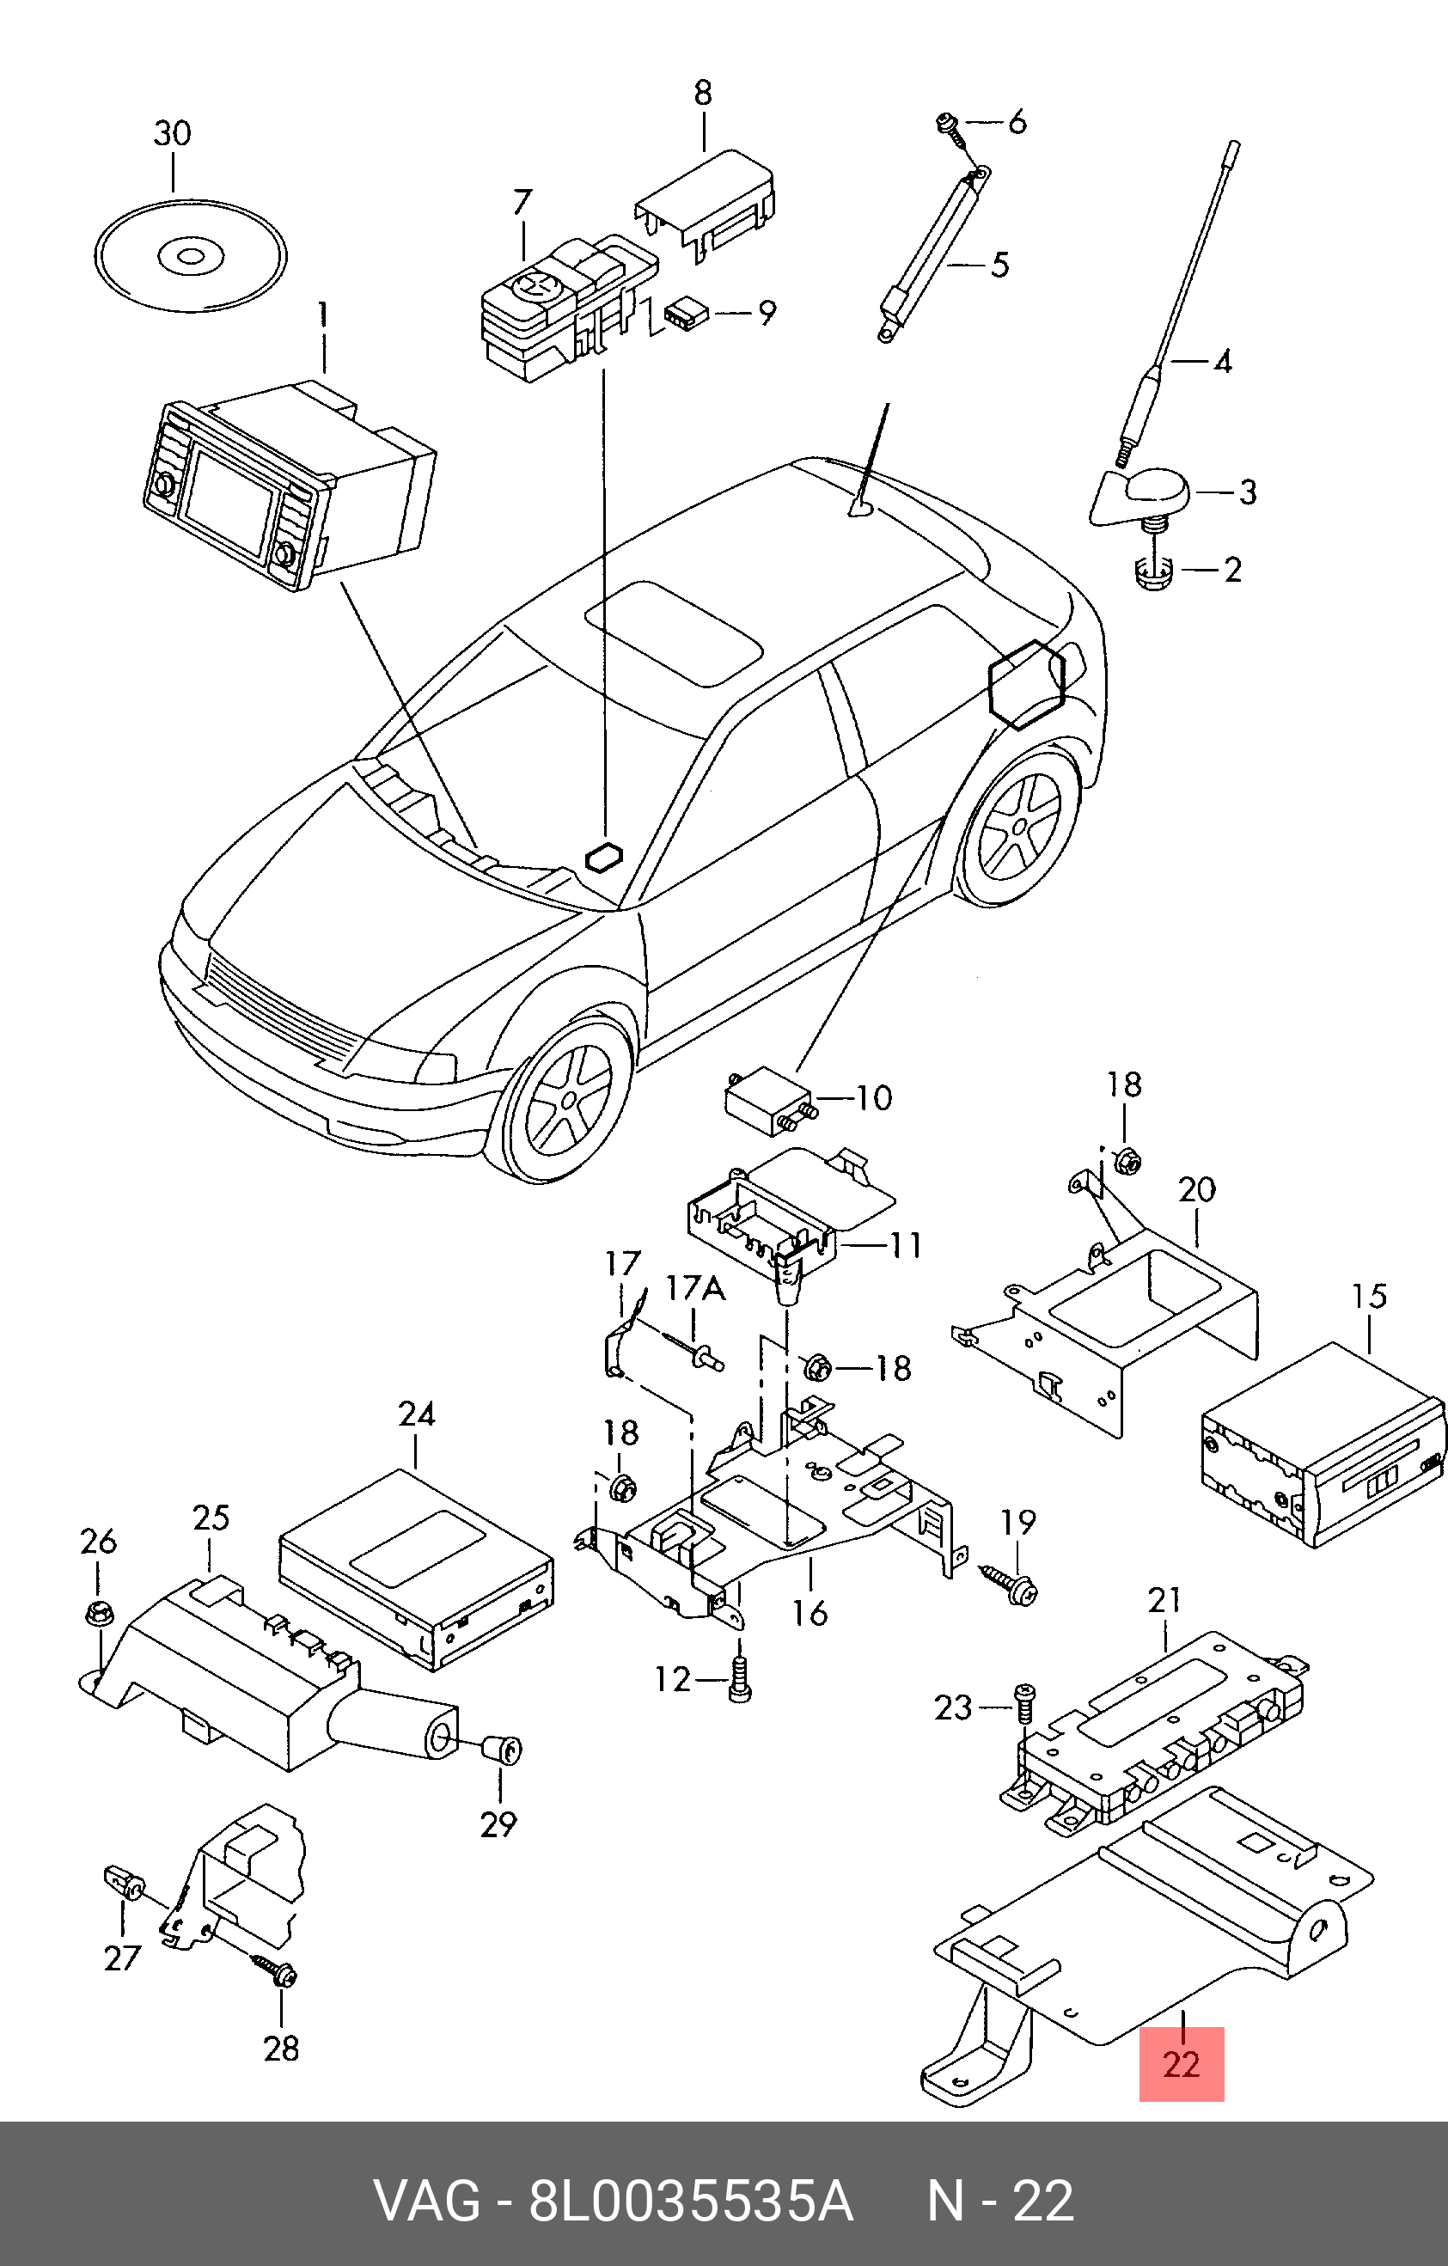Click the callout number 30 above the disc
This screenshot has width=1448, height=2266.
pos(172,134)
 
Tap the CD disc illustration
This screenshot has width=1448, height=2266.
pos(191,255)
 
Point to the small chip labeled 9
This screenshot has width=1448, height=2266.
pos(686,314)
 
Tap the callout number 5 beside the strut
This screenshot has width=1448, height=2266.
pos(999,265)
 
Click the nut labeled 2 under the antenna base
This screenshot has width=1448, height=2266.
pos(1152,571)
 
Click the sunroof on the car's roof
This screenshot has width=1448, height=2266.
pos(673,632)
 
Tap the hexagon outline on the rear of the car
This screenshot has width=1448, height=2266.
pos(1025,683)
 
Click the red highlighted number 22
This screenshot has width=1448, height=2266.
pos(1181,2065)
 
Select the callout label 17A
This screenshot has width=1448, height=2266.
pos(695,1288)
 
